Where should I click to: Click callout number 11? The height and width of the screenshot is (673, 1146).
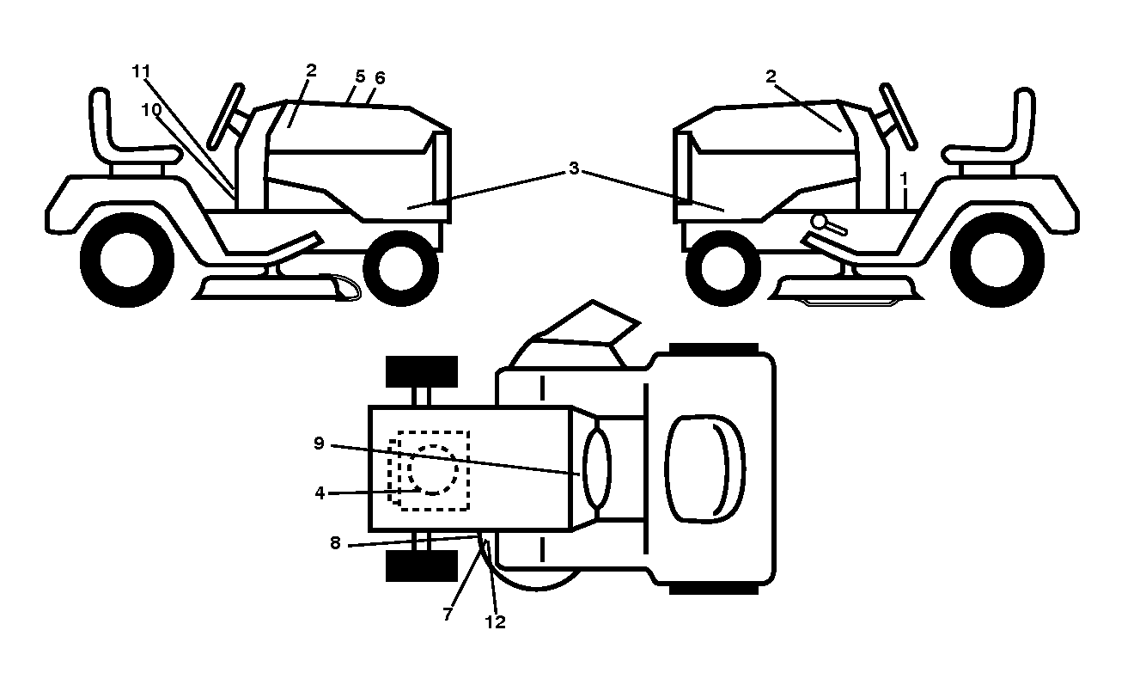coord(141,71)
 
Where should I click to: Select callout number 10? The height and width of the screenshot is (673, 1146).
coord(151,109)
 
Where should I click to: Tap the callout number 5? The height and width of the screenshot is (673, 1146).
coord(360,76)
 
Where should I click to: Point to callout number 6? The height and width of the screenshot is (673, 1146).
coord(380,78)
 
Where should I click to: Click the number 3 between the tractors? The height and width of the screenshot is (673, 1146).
coord(574,168)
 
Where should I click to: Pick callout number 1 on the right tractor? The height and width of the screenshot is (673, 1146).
coord(904,179)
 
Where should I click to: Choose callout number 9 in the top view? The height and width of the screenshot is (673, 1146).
coord(319,444)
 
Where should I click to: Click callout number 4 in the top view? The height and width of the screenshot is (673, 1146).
coord(320,493)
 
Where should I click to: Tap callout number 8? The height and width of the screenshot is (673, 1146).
coord(335,543)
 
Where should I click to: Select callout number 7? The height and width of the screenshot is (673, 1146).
coord(448,615)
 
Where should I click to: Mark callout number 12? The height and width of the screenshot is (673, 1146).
coord(495,621)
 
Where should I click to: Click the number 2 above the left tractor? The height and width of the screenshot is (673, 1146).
coord(311,70)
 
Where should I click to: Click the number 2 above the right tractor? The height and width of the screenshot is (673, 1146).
coord(771,76)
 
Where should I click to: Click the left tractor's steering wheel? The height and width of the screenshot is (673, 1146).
coord(226,116)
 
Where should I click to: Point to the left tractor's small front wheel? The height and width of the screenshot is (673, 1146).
coord(400,268)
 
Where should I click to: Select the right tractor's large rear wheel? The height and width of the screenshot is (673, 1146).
coord(997,260)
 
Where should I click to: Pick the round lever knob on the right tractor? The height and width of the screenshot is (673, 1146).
coord(819,222)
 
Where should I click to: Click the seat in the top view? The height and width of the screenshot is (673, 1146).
coord(704,468)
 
